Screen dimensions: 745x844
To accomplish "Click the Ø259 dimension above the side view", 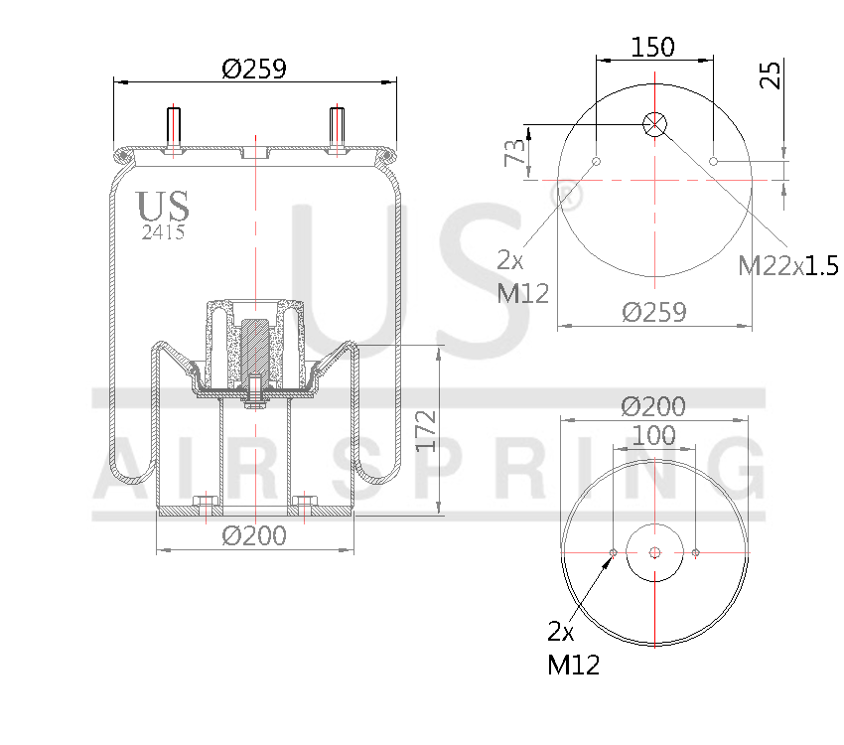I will (x=254, y=69).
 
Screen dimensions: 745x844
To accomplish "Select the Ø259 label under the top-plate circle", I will (x=653, y=312).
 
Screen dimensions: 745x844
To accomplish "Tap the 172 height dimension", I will (x=426, y=429).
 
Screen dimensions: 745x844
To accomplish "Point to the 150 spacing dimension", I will (x=652, y=47).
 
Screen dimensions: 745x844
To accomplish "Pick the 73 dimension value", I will (x=514, y=153).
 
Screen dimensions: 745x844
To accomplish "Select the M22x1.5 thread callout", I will (x=788, y=265).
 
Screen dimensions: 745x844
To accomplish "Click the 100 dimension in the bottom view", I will (x=653, y=435).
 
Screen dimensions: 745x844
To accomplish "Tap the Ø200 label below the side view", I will (x=254, y=535).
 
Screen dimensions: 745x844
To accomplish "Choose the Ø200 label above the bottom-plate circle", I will (x=653, y=406).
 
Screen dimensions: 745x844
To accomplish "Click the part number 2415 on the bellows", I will (x=163, y=232).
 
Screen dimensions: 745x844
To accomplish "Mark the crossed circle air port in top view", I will (x=654, y=124).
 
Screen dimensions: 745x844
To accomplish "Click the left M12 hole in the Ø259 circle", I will (x=596, y=161).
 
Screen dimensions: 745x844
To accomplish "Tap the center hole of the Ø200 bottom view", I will (x=654, y=552).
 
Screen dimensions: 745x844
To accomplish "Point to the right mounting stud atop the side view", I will (x=337, y=129).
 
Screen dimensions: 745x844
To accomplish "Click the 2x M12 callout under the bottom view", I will (x=573, y=648).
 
